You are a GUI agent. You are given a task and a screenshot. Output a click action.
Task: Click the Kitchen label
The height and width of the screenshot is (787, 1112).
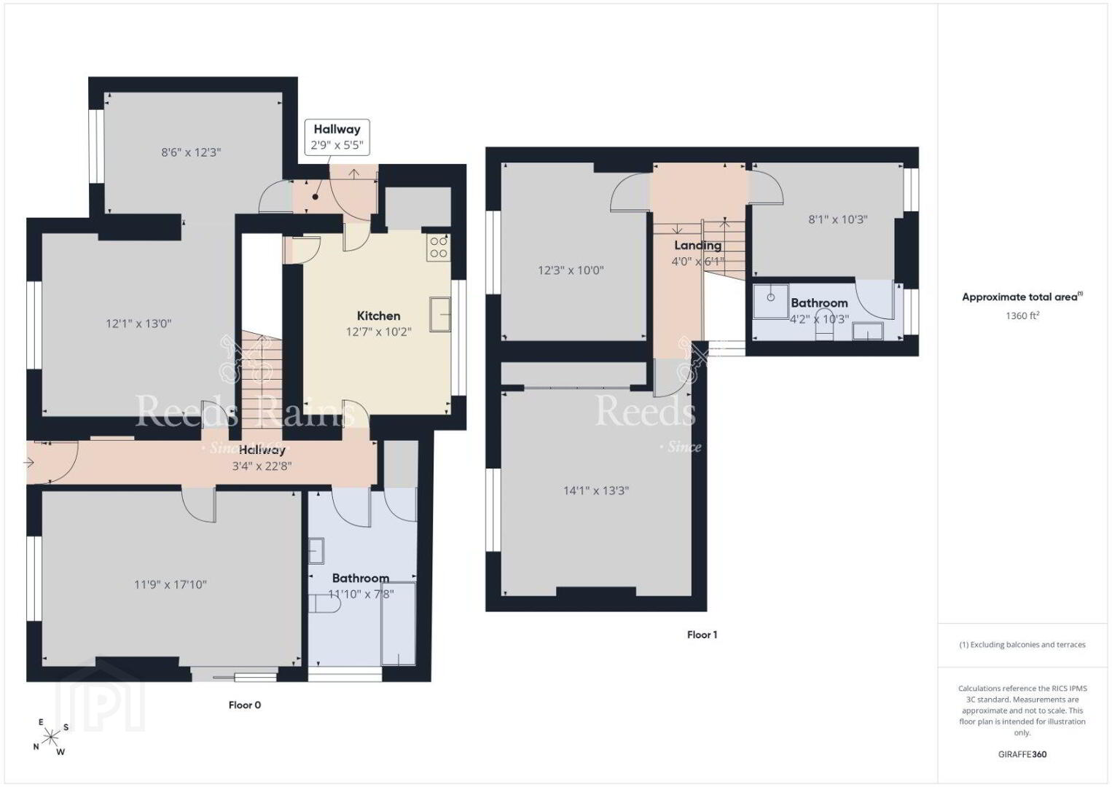tap(378, 316)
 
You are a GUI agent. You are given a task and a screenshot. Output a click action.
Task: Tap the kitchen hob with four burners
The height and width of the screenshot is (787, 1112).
tap(439, 247)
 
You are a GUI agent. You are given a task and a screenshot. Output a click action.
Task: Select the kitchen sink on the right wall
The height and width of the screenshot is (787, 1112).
tap(440, 314)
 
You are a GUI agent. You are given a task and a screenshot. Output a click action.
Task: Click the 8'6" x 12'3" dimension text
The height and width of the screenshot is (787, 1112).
tap(191, 152)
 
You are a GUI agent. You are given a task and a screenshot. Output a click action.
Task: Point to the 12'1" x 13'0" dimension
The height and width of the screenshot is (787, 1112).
tap(138, 324)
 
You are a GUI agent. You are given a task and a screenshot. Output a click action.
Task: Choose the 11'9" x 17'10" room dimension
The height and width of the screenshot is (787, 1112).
tap(171, 584)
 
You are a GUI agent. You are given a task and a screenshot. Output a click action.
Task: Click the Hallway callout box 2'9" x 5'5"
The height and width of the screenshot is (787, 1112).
tap(337, 137)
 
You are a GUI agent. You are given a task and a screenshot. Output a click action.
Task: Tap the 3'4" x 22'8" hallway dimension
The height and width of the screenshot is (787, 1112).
tap(262, 466)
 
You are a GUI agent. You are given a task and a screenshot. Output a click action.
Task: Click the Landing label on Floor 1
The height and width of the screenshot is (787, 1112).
tap(697, 246)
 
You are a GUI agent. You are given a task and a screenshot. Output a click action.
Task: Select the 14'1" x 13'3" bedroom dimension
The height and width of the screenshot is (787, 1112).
tap(596, 490)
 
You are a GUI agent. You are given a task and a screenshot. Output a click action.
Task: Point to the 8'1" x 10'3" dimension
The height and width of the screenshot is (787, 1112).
tap(838, 219)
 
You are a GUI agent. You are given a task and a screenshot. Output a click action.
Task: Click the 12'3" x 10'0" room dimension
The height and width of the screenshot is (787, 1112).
tap(571, 270)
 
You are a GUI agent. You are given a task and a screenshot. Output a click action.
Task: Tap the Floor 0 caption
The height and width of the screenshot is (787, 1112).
tap(245, 705)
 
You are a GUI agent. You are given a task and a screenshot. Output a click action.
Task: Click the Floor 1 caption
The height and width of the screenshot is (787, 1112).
tap(702, 635)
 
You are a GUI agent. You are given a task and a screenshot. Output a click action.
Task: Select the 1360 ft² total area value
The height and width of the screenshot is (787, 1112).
tap(1022, 316)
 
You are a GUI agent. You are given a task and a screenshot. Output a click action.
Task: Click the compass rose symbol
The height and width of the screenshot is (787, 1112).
tap(50, 737)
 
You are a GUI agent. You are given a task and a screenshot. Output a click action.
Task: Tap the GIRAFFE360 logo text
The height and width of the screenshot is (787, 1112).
tap(1022, 754)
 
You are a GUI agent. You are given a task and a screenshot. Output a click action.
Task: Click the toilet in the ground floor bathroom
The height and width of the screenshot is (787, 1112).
tap(325, 603)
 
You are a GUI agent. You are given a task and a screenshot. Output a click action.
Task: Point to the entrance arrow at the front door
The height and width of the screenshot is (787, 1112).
tap(29, 463)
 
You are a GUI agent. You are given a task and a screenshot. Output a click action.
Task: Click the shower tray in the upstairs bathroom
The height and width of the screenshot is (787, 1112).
tap(770, 301)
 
